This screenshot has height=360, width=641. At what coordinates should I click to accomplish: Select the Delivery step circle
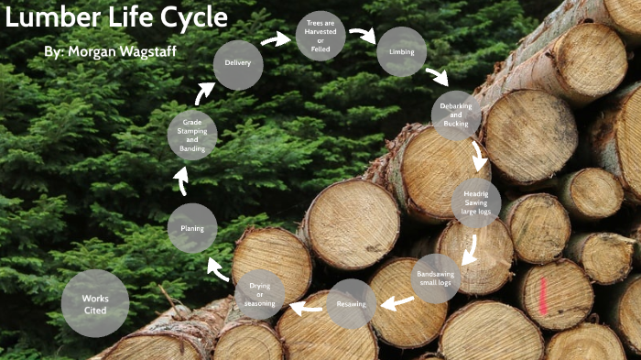pos(238,64)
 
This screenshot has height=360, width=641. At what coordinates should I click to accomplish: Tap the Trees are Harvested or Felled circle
pos(320,37)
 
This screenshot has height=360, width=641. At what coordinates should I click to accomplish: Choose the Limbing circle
pos(401,52)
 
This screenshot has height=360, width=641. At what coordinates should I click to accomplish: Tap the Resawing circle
pos(352,304)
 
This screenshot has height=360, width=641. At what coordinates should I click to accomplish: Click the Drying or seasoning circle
pos(260,295)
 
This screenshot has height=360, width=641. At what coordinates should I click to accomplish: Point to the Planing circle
pos(192,228)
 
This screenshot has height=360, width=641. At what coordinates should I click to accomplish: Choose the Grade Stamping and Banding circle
pos(192,136)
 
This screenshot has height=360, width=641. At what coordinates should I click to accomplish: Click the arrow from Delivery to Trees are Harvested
pos(275,39)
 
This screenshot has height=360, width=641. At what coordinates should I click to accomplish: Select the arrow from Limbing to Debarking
pos(438,77)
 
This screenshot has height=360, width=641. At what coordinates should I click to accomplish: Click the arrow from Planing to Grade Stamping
pos(182,180)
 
